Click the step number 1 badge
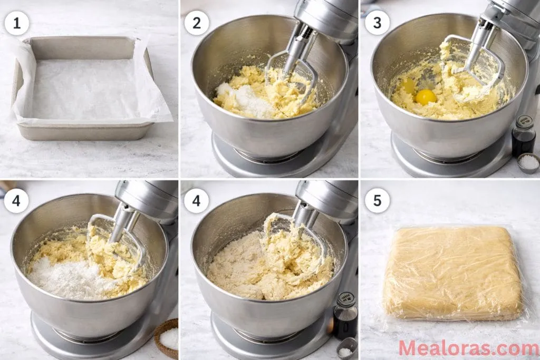coord(17,23)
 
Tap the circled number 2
coord(197,23)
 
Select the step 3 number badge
coord(377,23)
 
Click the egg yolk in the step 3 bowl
coord(426,96)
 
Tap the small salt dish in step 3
coord(528,163)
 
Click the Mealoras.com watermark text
coord(468,348)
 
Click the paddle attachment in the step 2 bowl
coord(293,79)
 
